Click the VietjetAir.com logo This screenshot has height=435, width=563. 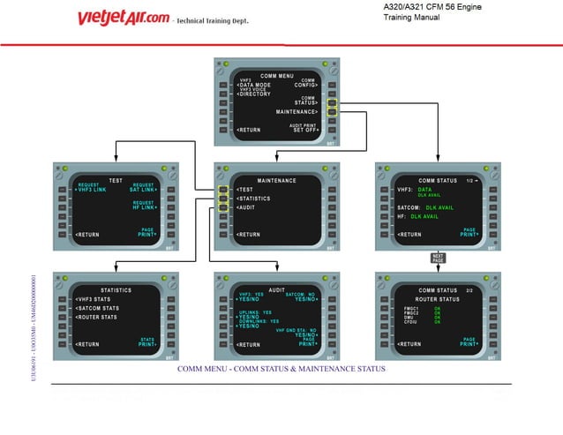click(123, 18)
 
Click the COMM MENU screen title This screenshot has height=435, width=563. click(277, 76)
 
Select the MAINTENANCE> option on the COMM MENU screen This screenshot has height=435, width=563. click(297, 113)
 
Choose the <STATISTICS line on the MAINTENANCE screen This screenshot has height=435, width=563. click(252, 199)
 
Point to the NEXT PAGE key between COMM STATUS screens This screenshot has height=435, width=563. click(439, 259)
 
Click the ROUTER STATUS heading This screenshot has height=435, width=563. click(438, 300)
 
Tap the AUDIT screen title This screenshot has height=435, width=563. click(277, 289)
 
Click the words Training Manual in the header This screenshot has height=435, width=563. click(412, 17)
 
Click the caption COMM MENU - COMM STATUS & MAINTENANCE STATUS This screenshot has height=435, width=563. click(281, 368)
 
